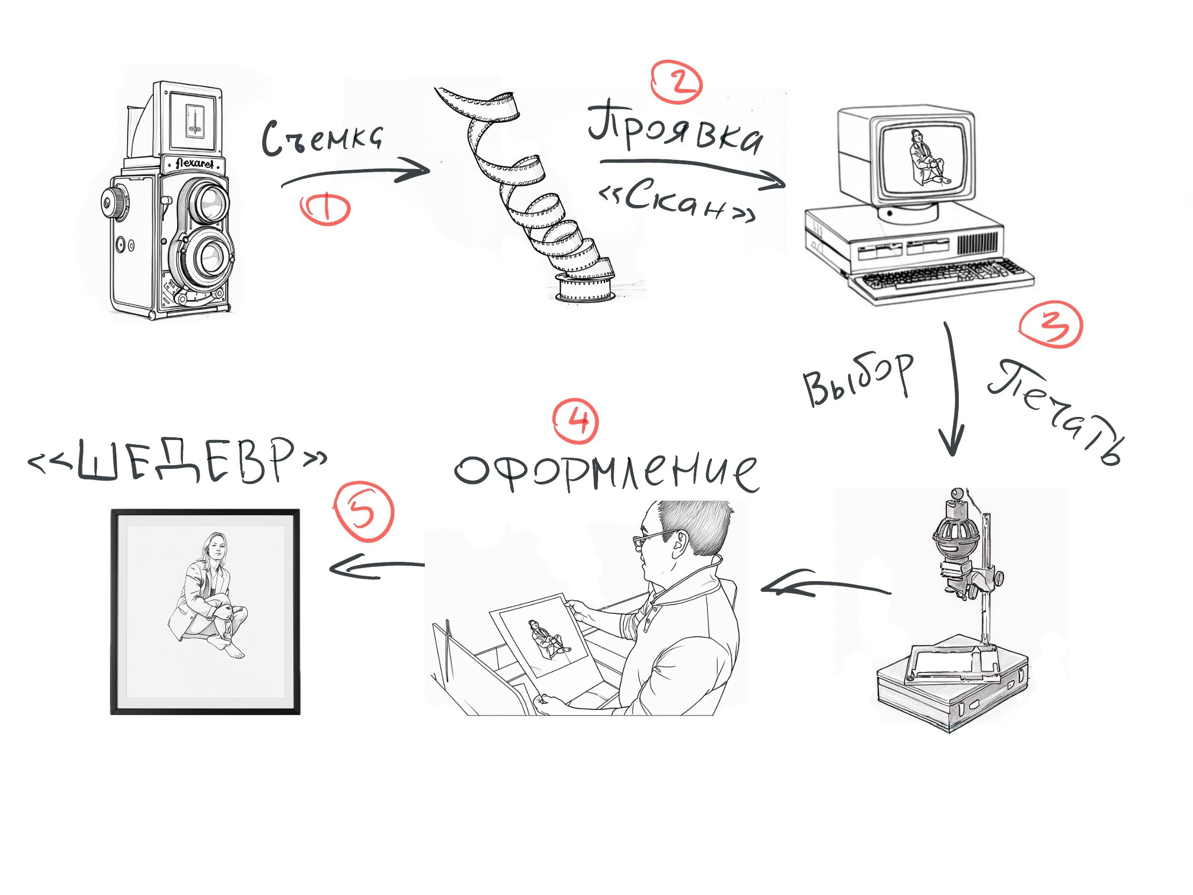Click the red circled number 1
point(325,209)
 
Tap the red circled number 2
point(677,84)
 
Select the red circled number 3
point(1051,325)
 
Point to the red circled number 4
point(576,421)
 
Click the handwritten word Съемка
point(322,138)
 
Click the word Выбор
point(858,379)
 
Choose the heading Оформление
point(607,472)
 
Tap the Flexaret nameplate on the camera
point(195,164)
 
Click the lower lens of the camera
point(208,257)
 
